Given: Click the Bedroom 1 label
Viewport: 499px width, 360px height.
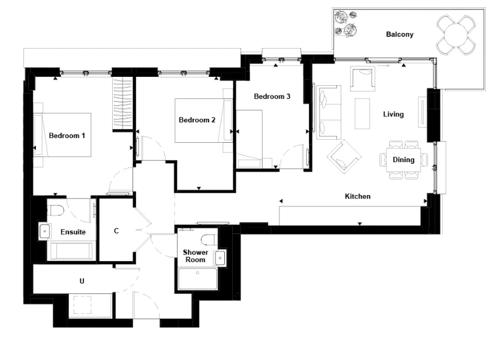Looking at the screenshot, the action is click(67, 136).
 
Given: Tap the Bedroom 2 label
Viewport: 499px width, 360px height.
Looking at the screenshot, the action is click(197, 120).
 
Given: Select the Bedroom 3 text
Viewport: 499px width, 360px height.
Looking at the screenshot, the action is click(272, 97).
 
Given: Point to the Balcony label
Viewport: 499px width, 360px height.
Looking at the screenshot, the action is click(399, 34).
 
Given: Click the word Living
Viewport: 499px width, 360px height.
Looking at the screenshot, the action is click(393, 114).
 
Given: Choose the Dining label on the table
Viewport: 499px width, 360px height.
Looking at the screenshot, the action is click(404, 160).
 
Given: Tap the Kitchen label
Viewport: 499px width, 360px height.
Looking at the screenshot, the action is click(357, 196).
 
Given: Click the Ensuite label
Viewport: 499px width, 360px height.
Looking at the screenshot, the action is click(73, 232).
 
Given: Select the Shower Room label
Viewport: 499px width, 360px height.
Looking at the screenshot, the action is click(196, 256).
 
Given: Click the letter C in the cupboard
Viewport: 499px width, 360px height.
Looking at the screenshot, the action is click(116, 231).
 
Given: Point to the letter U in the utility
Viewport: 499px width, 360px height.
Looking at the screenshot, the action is click(82, 281).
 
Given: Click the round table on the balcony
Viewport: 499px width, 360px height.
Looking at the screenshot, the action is click(456, 34).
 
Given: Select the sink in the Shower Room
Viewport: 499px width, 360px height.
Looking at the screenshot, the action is click(220, 258).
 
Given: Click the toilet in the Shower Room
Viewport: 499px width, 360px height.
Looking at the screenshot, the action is click(210, 239).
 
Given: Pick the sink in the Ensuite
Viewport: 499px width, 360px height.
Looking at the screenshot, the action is click(44, 231).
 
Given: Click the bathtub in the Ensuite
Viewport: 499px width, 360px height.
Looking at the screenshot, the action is click(71, 251).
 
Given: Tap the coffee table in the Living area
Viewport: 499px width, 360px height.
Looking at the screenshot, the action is click(362, 113).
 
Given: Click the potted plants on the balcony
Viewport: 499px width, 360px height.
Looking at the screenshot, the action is click(345, 23).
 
